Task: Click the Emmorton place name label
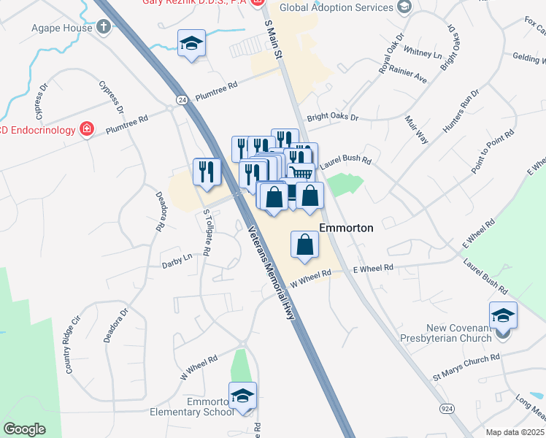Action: pos(346,228)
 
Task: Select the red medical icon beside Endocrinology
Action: pos(87,130)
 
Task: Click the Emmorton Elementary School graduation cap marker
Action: pos(243,396)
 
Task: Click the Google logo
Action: pos(24,429)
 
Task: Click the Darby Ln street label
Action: pos(177,257)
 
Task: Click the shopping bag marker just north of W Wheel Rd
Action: pos(305,245)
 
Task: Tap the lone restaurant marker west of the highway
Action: pos(207,172)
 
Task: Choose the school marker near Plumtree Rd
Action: pos(191,44)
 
